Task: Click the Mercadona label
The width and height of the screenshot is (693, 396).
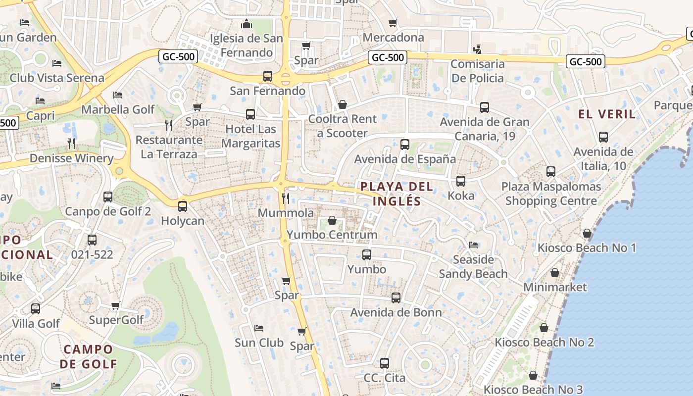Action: (x=393, y=38)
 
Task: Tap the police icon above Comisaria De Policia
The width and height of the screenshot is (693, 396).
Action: (x=477, y=49)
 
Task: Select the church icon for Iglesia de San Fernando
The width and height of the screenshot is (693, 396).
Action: (x=247, y=24)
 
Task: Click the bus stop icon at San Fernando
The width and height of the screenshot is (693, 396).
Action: (x=268, y=76)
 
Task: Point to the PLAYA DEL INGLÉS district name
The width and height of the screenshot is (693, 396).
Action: (x=396, y=194)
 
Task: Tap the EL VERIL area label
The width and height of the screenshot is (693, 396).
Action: (x=607, y=114)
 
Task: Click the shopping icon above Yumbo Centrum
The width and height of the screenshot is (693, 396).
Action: (x=332, y=220)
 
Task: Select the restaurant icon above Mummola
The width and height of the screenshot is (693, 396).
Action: (x=286, y=198)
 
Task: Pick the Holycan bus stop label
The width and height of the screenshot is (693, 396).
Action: (x=183, y=221)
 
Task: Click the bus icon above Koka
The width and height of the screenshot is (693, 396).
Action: (x=461, y=181)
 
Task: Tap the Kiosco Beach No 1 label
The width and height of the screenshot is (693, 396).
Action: (x=587, y=247)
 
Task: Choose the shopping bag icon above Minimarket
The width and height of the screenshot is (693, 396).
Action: (x=555, y=273)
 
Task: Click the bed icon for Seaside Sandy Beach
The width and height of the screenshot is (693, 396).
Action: (x=473, y=245)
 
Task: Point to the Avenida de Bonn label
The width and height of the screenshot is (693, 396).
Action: (x=396, y=312)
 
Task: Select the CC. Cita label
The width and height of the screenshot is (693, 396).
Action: (x=384, y=378)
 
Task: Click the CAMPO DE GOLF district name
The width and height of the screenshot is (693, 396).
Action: (x=89, y=356)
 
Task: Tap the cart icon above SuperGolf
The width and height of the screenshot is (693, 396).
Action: (x=116, y=305)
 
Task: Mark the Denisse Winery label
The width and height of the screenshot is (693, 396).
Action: (x=71, y=158)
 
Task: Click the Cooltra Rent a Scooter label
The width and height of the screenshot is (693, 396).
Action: (x=343, y=126)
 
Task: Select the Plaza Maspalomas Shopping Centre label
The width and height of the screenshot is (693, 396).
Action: (x=551, y=194)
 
